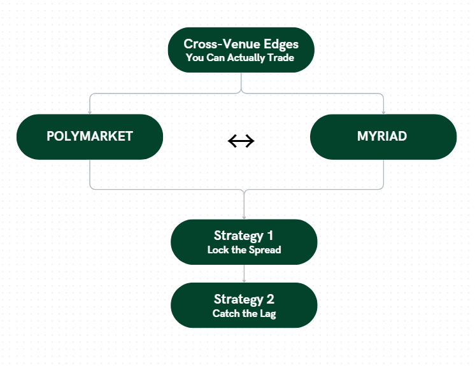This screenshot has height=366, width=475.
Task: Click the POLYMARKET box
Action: (89, 137)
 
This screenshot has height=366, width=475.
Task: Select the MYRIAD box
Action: (383, 137)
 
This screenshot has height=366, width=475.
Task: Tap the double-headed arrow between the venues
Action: (241, 141)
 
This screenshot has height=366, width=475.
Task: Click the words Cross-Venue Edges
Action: (241, 44)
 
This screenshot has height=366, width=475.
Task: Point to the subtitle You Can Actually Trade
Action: (241, 57)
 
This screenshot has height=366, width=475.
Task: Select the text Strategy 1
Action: (244, 236)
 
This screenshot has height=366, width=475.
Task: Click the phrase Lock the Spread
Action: (244, 250)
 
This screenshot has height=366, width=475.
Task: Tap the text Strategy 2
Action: (244, 299)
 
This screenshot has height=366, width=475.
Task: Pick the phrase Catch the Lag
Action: (244, 313)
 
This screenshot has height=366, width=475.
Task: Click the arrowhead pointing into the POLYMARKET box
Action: (90, 112)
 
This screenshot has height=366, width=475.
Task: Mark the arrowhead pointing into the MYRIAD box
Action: (383, 112)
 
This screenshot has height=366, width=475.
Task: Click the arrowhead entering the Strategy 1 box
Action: (244, 217)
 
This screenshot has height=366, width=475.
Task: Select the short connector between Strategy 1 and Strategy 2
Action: (244, 273)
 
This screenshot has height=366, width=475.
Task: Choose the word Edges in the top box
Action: (281, 44)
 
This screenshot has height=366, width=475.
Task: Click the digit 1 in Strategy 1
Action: (270, 236)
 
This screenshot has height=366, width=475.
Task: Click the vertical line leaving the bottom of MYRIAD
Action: (383, 173)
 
